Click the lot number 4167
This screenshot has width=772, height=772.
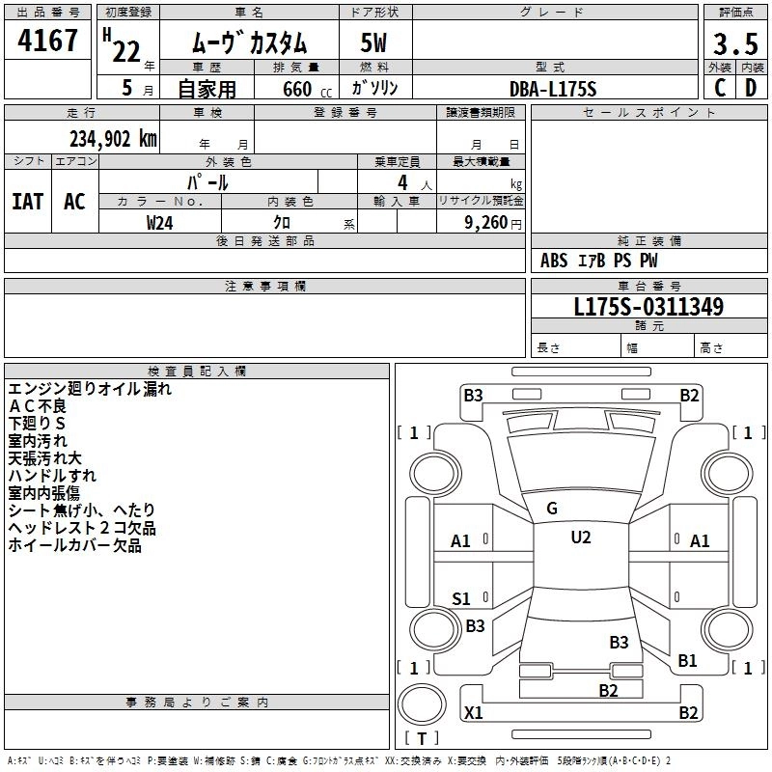click(47, 41)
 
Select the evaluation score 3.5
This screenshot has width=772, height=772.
click(734, 43)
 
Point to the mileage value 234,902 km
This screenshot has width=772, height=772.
click(112, 138)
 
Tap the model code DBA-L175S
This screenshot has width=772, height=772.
click(553, 88)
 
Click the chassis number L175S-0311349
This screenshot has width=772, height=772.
click(648, 307)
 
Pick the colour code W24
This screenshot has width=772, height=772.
click(159, 222)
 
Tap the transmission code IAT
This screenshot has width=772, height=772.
click(27, 201)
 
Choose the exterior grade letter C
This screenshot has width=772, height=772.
click(719, 88)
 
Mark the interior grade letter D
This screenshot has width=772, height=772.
click(750, 88)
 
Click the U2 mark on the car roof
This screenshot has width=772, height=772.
click(580, 538)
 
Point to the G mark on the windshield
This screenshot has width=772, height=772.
click(551, 509)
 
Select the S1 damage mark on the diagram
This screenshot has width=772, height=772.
click(461, 598)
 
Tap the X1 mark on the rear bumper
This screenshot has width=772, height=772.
click(473, 713)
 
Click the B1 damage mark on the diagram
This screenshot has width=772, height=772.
click(687, 660)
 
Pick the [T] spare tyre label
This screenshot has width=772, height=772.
click(421, 739)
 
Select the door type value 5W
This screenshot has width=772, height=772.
click(374, 43)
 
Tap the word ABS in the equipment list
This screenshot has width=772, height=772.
click(554, 261)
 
